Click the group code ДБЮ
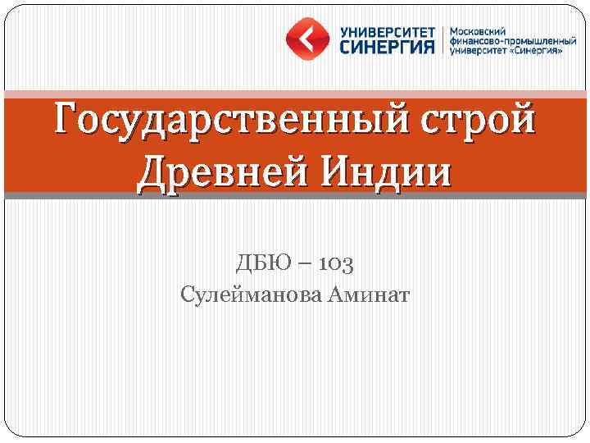(261, 263)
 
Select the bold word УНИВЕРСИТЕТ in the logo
(386, 30)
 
